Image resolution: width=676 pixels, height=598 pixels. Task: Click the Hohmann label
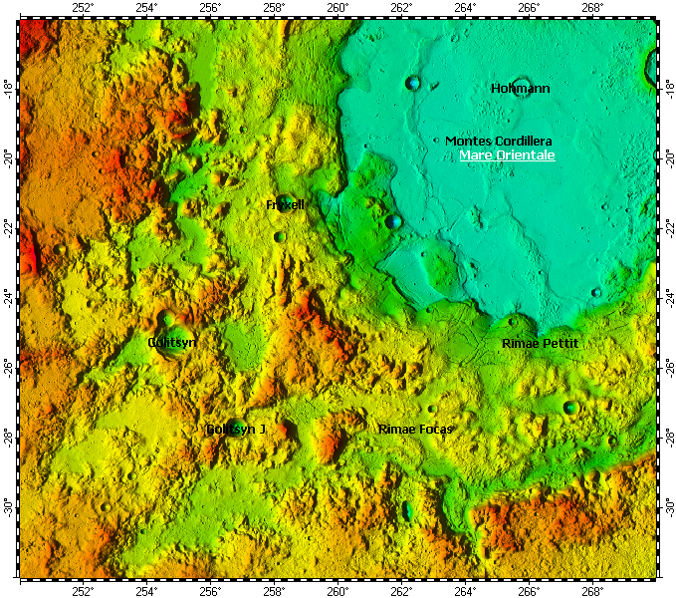521,89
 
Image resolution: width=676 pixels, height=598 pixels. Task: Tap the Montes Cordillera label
498,142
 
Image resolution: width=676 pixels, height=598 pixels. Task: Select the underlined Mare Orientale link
507,155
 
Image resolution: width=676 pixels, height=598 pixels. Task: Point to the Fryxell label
285,204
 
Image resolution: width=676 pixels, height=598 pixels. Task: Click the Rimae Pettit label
540,343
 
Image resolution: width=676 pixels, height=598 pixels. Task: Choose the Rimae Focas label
415,429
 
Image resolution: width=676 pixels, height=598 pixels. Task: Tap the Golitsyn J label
236,429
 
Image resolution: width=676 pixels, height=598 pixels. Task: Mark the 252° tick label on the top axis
84,8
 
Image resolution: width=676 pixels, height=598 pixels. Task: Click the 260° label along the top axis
338,8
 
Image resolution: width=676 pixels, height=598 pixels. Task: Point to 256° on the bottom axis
211,590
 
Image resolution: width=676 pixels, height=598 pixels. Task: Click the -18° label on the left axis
9,87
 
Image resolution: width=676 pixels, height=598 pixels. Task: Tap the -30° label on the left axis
9,505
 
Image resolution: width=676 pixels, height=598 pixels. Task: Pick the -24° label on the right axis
667,296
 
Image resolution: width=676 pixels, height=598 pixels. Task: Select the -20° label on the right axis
667,156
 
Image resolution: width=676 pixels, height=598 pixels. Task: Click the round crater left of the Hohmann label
413,84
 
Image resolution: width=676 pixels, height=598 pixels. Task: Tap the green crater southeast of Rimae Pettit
570,407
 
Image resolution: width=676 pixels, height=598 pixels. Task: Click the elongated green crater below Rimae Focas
406,511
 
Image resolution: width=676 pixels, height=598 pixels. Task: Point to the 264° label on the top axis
465,8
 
